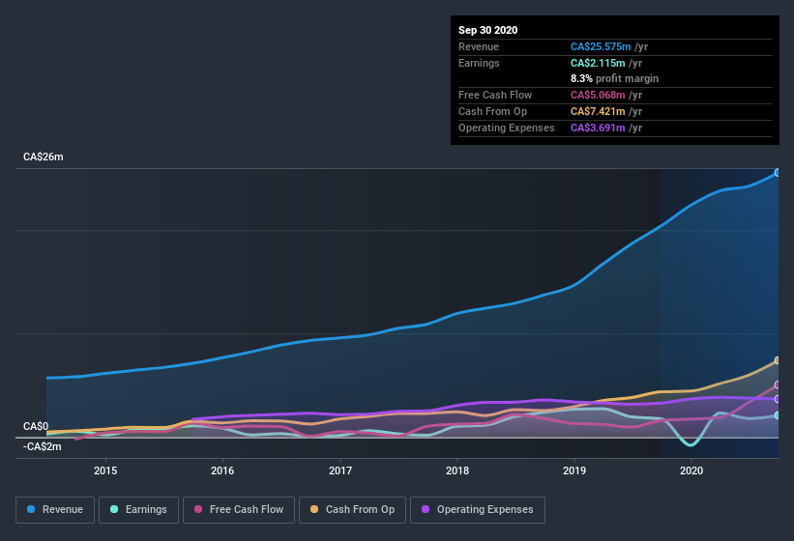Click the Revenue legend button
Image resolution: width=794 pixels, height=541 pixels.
[x=55, y=509]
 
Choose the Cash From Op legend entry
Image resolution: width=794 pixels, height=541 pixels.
[x=352, y=509]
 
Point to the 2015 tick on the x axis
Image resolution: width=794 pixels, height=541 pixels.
[x=105, y=470]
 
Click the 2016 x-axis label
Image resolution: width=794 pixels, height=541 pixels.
[x=222, y=470]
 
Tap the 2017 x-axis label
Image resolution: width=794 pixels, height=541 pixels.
[x=340, y=470]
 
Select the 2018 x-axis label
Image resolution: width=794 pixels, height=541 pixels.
[x=457, y=470]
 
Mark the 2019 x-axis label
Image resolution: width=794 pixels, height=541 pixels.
[x=575, y=470]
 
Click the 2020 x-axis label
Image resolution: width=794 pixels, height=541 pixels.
[x=692, y=470]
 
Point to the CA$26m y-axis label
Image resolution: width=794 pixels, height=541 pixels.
[x=44, y=157]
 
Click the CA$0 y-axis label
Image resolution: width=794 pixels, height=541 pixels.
[x=36, y=426]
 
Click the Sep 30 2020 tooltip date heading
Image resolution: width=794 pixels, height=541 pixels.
[x=488, y=30]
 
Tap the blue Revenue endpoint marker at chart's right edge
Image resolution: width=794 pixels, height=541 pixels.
[x=777, y=173]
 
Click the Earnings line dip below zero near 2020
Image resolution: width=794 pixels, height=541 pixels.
[x=690, y=444]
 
